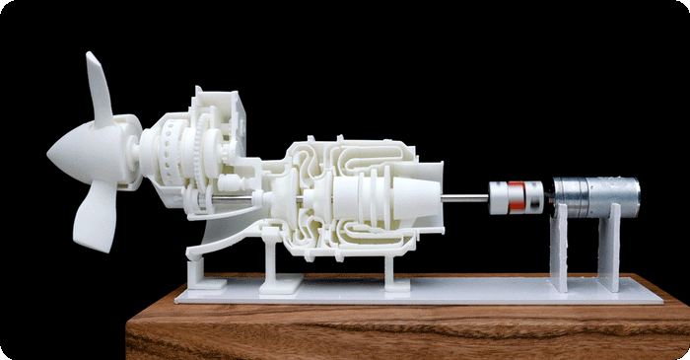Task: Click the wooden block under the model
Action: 394,330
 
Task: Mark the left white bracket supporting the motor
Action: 559,252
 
